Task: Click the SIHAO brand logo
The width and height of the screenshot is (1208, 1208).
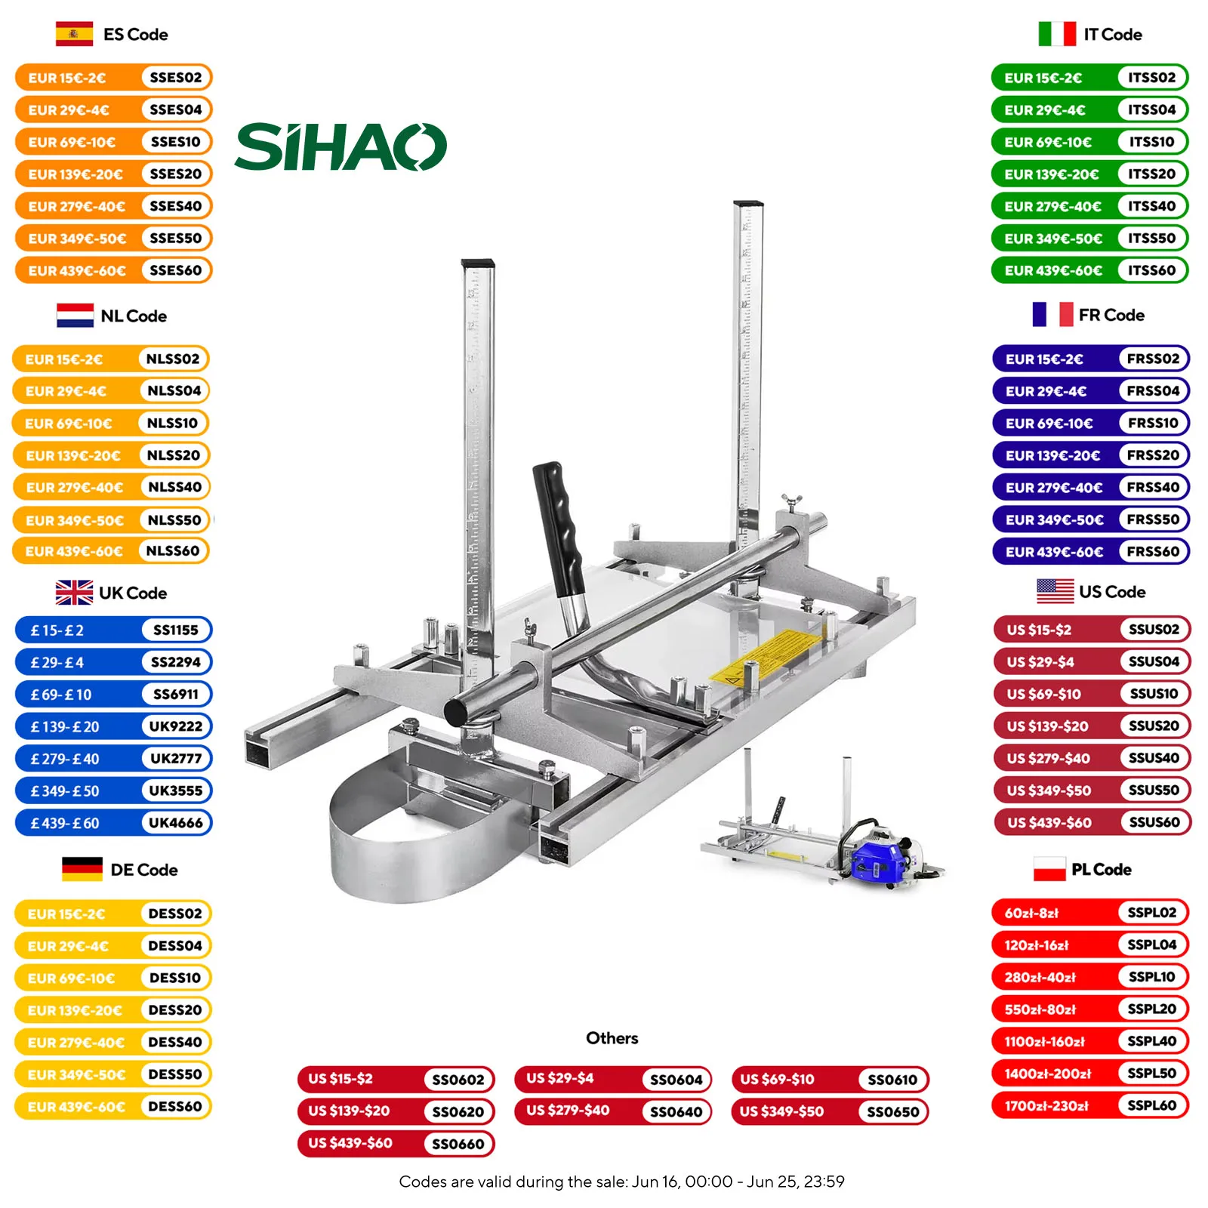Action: point(341,147)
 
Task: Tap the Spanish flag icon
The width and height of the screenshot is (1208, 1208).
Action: point(74,34)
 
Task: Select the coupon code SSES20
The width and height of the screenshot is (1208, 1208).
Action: point(175,174)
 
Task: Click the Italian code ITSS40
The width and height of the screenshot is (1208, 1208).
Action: point(1151,206)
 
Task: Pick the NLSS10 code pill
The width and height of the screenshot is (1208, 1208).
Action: point(172,423)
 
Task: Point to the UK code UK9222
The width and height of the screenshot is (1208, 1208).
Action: point(175,726)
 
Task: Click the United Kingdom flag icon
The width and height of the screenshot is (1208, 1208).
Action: point(74,593)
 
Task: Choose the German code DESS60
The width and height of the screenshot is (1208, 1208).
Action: point(174,1106)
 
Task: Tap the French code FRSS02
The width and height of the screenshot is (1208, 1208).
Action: point(1152,359)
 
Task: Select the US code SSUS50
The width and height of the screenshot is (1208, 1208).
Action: point(1153,790)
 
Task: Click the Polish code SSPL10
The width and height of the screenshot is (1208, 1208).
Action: point(1151,977)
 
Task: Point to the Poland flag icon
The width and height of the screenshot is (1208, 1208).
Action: point(1049,869)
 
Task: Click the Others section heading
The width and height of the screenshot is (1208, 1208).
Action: point(612,1038)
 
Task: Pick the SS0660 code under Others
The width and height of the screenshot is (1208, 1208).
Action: point(458,1144)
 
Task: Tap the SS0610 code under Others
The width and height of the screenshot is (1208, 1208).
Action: point(892,1080)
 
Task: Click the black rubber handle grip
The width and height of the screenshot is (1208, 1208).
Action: point(559,528)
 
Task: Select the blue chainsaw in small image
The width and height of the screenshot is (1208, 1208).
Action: point(880,857)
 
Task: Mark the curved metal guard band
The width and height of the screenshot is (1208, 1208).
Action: point(393,846)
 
